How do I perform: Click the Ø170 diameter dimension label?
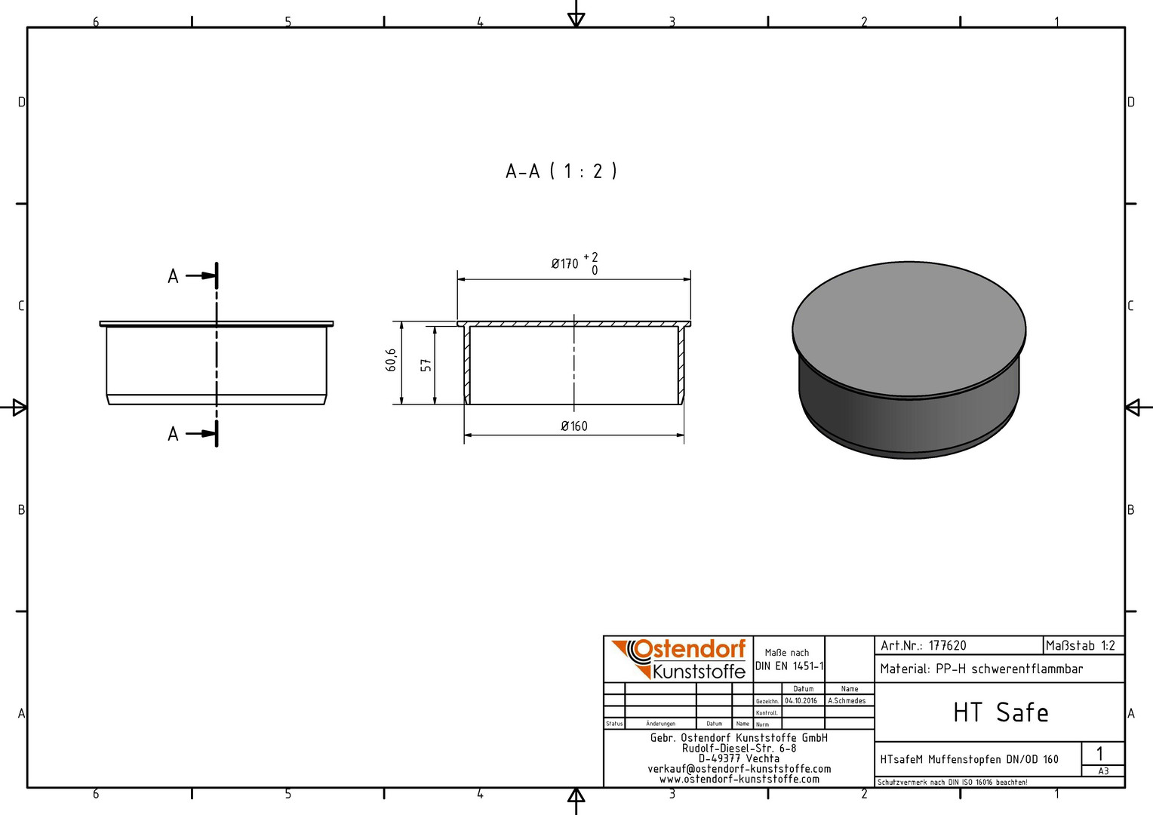(564, 264)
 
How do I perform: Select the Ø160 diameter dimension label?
(574, 426)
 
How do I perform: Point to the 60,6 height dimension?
(391, 360)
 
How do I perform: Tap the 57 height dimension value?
(426, 365)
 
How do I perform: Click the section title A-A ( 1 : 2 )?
(561, 171)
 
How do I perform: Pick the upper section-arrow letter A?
(173, 276)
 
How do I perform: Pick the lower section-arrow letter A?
(173, 434)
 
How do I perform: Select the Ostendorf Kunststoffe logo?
(679, 659)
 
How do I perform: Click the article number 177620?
(948, 646)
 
